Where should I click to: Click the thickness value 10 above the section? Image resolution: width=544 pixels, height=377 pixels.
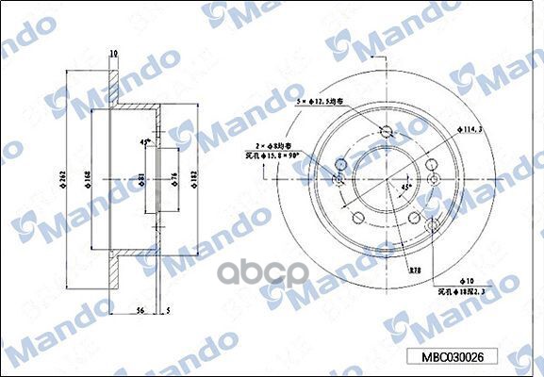(x=112, y=54)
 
